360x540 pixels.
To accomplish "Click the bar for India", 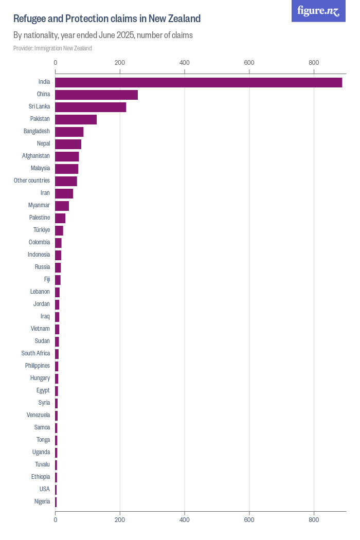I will [199, 82].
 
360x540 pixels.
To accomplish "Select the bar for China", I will [96, 95].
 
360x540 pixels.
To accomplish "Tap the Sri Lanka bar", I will [91, 107].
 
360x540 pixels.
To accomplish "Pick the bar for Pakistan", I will [76, 119].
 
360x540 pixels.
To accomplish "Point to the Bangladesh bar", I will [69, 132].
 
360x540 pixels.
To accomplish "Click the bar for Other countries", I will [66, 181].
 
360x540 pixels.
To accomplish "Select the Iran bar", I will [64, 193].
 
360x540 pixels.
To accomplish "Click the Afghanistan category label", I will [36, 156].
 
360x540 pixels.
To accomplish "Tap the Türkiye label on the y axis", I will [42, 230].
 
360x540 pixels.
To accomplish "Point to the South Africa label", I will [35, 353].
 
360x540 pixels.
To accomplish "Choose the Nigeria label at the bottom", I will [42, 501].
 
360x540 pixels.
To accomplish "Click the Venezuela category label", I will [39, 415].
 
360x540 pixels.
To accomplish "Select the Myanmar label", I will [39, 205].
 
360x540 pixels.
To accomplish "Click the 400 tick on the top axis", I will [185, 63].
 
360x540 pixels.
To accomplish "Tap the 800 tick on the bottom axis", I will [314, 520].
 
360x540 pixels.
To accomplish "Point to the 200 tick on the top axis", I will [120, 63].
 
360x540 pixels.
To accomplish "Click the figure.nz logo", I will [319, 11].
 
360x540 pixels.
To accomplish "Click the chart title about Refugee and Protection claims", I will [107, 19].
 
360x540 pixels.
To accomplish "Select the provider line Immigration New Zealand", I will [52, 48].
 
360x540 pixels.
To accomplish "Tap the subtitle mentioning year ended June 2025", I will [103, 35].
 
